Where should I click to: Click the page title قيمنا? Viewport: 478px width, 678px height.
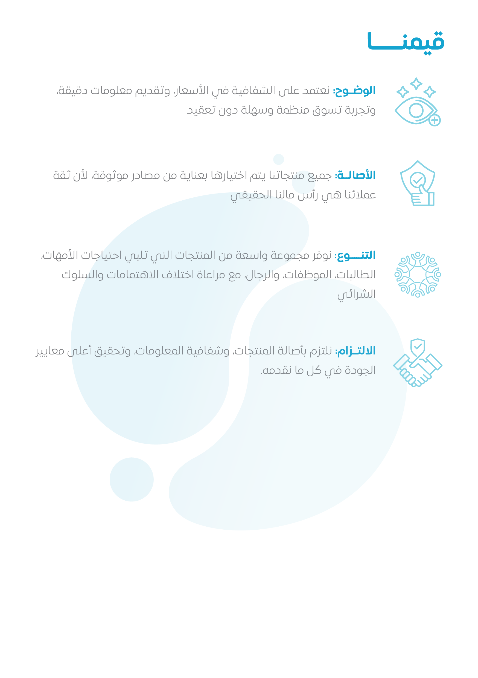406,42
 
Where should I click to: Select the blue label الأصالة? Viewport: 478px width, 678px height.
356,175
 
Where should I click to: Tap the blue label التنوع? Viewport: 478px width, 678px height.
355,255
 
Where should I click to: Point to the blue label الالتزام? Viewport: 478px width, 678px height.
356,351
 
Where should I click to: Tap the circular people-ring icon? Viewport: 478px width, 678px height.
418,274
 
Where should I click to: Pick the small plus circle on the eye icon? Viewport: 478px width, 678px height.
434,120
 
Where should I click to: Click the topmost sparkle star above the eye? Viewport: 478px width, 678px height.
416,83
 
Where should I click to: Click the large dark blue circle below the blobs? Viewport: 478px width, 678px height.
132,479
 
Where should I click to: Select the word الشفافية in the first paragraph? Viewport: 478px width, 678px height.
250,91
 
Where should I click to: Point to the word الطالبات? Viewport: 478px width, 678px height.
355,275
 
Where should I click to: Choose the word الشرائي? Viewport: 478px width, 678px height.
356,294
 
